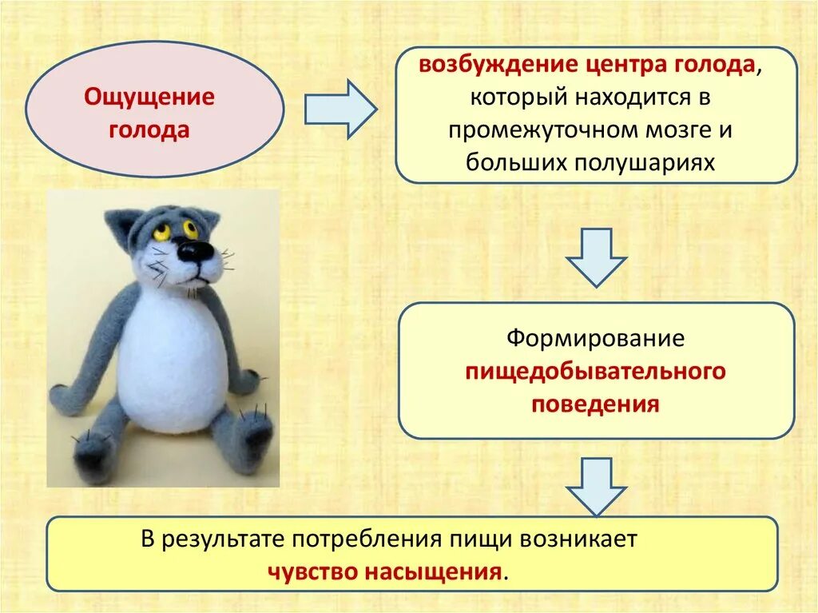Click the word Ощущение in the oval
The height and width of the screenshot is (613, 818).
point(149,99)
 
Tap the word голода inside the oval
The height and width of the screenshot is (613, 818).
point(149,130)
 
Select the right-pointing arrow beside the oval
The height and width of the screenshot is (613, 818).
point(340,109)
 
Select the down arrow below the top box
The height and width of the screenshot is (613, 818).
point(596,257)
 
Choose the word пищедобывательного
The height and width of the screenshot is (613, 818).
point(596,371)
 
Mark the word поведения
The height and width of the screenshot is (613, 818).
point(596,404)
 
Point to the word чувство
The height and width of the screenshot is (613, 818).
point(314,571)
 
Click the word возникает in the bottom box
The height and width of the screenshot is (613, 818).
point(579,539)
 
